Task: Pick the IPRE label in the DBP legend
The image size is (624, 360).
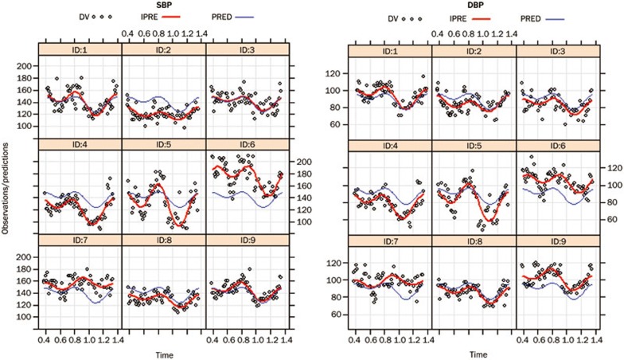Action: [x=455, y=16]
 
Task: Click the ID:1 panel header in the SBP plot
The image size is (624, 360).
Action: [x=80, y=49]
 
